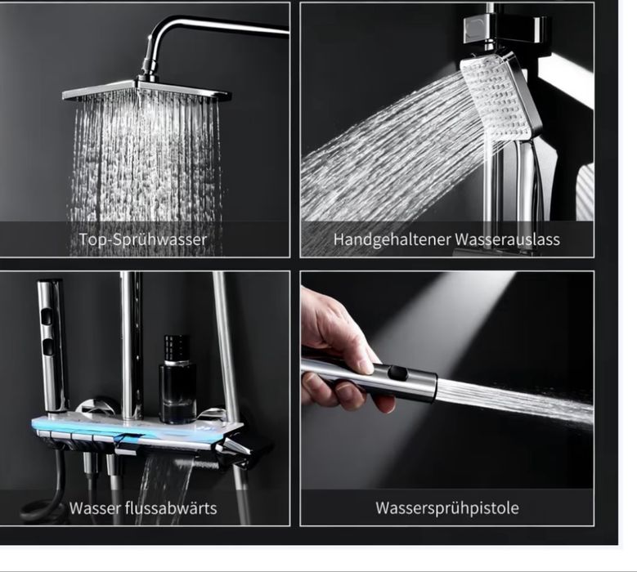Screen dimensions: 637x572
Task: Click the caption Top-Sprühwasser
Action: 143,239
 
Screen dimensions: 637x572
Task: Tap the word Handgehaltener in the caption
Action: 392,239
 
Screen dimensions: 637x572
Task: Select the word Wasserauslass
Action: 508,239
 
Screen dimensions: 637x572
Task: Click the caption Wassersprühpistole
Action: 446,508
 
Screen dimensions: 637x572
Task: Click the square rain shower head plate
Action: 146,91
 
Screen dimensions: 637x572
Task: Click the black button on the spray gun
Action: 397,373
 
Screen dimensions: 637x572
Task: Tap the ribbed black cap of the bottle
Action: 177,347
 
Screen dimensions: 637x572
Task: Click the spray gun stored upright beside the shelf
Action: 53,345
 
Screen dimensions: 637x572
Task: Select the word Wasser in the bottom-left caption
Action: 95,508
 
